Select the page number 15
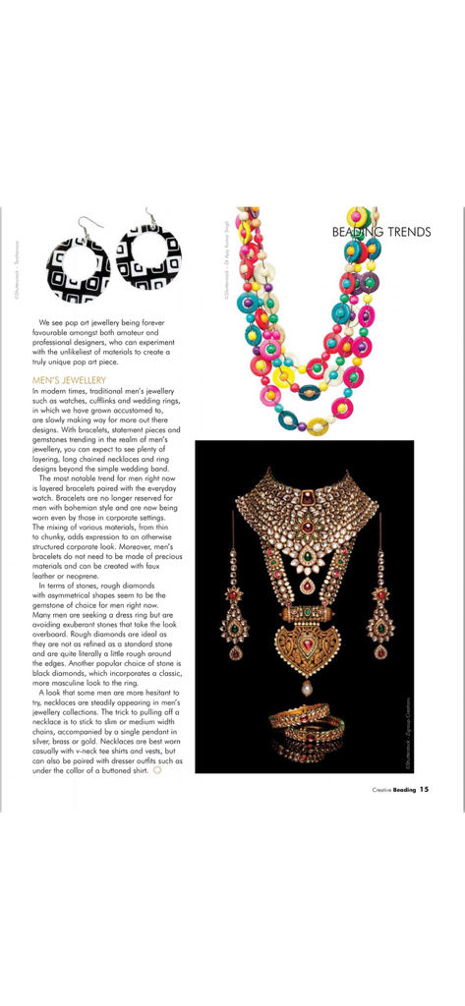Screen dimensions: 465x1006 [424, 787]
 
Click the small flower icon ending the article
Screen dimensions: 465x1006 [158, 769]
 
